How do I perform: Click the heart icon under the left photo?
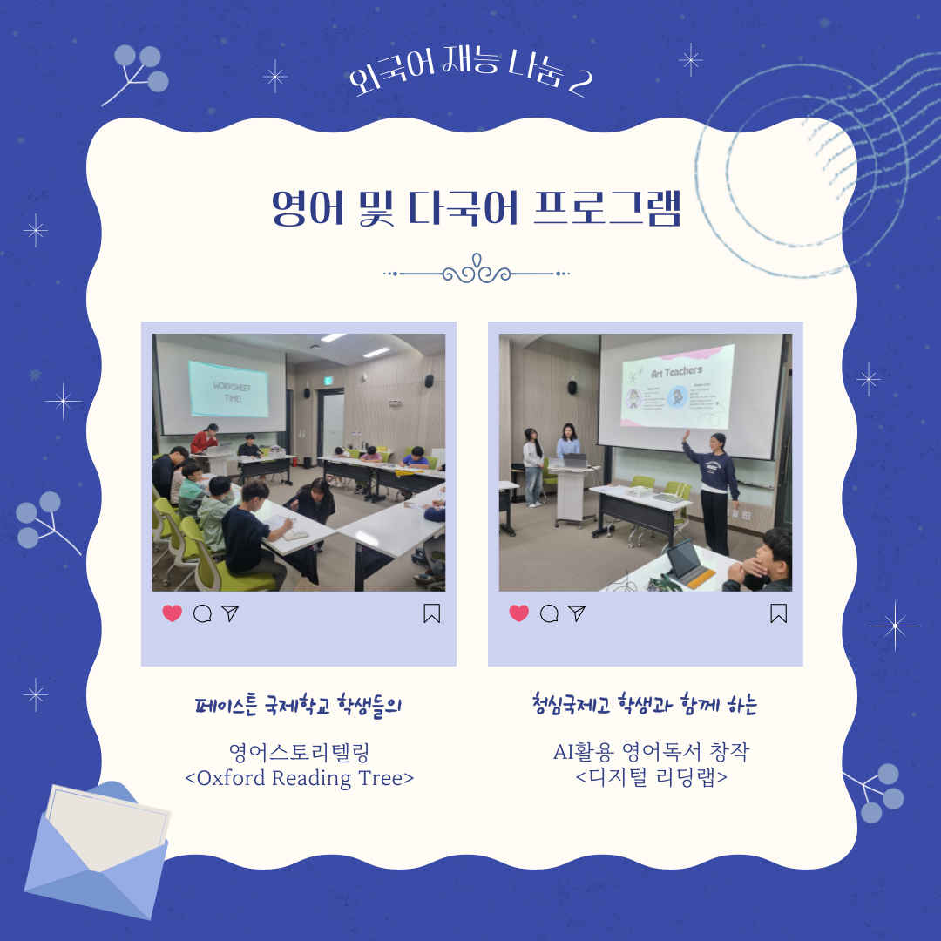tap(173, 613)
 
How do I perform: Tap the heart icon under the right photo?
tap(519, 613)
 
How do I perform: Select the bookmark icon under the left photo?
tap(432, 614)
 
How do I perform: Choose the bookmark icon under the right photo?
tap(779, 614)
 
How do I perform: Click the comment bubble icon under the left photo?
tap(202, 613)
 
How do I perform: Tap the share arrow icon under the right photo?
tap(577, 613)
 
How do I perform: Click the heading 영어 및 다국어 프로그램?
tap(476, 208)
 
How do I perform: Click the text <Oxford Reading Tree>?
tap(300, 778)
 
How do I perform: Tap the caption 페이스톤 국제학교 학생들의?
tap(299, 705)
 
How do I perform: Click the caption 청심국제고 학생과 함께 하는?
tap(645, 705)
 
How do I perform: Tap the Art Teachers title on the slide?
tap(676, 371)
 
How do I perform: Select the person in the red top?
tap(205, 439)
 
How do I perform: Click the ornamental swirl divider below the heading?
tap(477, 273)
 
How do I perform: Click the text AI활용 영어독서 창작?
tap(651, 752)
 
